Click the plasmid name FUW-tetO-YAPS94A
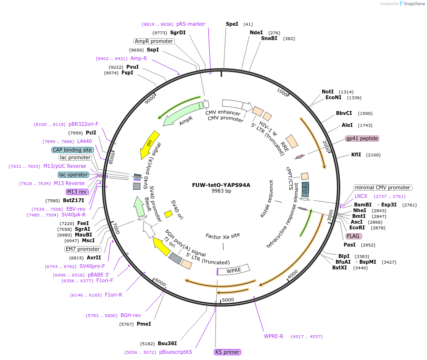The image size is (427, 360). pos(221,185)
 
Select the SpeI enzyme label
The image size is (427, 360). pos(232,24)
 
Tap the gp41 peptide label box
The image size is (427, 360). pos(362,138)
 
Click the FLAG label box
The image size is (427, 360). pos(354,236)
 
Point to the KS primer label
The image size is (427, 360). pos(227,352)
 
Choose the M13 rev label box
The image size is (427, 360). pos(77,192)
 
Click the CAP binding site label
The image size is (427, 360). pos(72,150)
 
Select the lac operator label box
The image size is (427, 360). pos(73,175)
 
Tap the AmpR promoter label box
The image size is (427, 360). pos(154,41)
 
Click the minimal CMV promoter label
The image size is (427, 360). pos(383,187)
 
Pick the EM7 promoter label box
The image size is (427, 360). pos(83,249)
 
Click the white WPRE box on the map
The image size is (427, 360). pos(234,270)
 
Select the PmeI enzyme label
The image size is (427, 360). pos(143,324)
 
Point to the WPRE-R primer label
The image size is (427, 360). pos(274,336)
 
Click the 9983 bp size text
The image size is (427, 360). pos(221,191)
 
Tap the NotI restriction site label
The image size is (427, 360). pos(328,92)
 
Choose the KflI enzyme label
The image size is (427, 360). pos(356,154)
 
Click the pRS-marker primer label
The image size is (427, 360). pos(191,24)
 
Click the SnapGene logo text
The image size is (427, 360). pos(412,4)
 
